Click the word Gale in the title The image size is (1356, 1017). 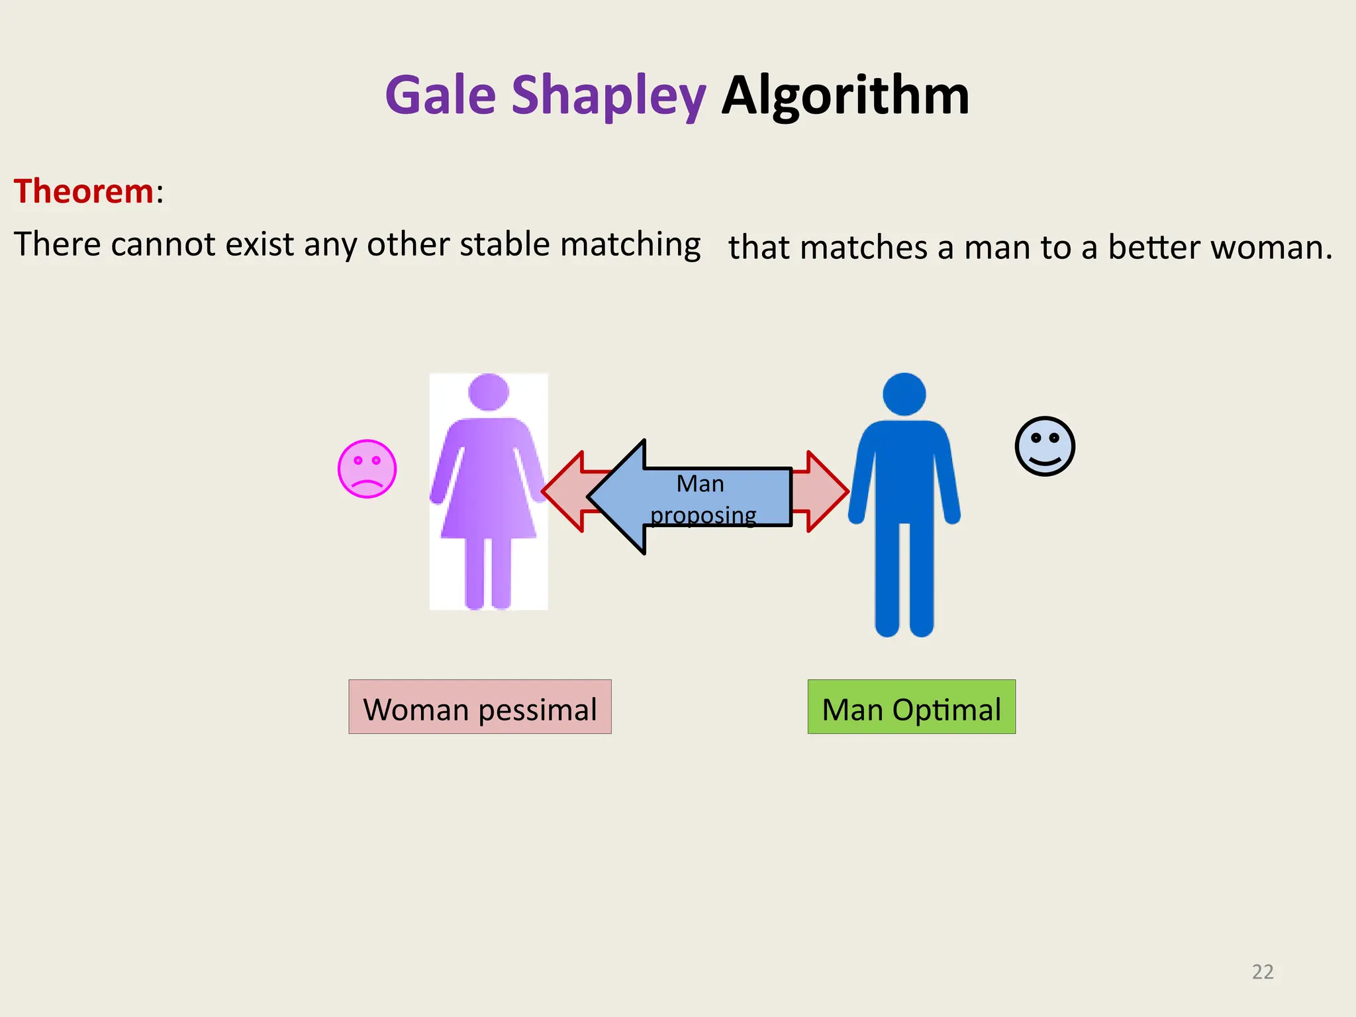(x=440, y=95)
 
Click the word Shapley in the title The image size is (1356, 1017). (x=608, y=97)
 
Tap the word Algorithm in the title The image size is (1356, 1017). (x=845, y=95)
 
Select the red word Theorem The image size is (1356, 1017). (x=84, y=191)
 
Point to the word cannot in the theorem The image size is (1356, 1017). (x=163, y=244)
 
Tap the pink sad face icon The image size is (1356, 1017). (x=367, y=469)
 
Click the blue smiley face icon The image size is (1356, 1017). (x=1044, y=446)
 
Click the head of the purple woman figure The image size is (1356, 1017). (x=489, y=392)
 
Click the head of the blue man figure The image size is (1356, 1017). (x=904, y=394)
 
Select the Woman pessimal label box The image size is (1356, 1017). (x=480, y=706)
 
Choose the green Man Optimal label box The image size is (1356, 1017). (x=911, y=706)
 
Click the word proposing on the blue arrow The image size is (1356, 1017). (x=703, y=514)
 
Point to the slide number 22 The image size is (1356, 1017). (x=1263, y=971)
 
